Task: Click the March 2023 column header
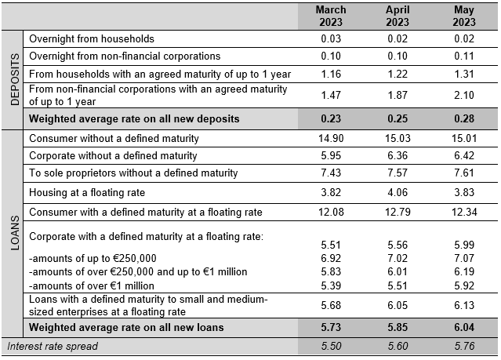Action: (x=331, y=16)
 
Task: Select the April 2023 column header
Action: (x=398, y=16)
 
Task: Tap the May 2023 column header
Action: (x=464, y=16)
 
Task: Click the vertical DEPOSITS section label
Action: (x=15, y=79)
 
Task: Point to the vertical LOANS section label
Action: (x=15, y=233)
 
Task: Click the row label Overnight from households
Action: (x=92, y=38)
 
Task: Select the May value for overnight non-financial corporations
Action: (x=464, y=56)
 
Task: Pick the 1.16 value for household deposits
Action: (x=331, y=75)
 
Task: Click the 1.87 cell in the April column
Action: (x=398, y=95)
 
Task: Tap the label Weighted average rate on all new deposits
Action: (x=134, y=118)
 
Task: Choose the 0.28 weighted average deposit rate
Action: (x=464, y=118)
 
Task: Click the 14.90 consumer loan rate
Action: (x=331, y=139)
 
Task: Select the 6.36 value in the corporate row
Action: (x=398, y=156)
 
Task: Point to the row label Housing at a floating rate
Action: (x=87, y=192)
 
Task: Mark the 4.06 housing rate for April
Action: (x=398, y=192)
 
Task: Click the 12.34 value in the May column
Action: (x=464, y=212)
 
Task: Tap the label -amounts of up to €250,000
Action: (x=93, y=258)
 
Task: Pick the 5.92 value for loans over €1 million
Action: (x=464, y=285)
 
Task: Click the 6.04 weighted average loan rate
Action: (x=464, y=327)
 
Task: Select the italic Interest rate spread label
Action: (x=53, y=346)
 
